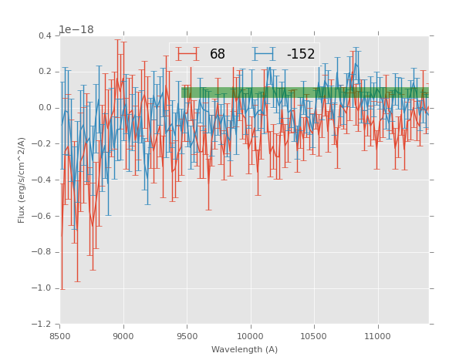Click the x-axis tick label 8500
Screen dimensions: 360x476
click(60, 336)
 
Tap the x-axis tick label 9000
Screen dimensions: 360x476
click(123, 336)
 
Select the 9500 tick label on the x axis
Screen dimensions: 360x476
click(187, 336)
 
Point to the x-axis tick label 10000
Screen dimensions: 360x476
click(251, 336)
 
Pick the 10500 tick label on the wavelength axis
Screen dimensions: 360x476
click(314, 336)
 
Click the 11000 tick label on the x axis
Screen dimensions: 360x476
click(377, 336)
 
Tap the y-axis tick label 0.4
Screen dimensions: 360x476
click(45, 35)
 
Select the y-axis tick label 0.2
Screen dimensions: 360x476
click(45, 72)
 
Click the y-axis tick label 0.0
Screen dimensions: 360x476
click(45, 108)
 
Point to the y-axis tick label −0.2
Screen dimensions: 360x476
click(43, 144)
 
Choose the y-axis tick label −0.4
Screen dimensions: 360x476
click(43, 180)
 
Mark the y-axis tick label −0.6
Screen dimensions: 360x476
click(43, 217)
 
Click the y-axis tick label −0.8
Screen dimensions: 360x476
click(43, 253)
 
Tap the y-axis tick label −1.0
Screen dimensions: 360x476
click(43, 289)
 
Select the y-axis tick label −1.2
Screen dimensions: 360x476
click(43, 325)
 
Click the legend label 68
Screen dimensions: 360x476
click(218, 55)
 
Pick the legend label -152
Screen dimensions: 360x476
click(301, 55)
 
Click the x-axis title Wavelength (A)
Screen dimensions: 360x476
click(245, 350)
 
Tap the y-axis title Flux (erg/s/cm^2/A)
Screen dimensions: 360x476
click(22, 180)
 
